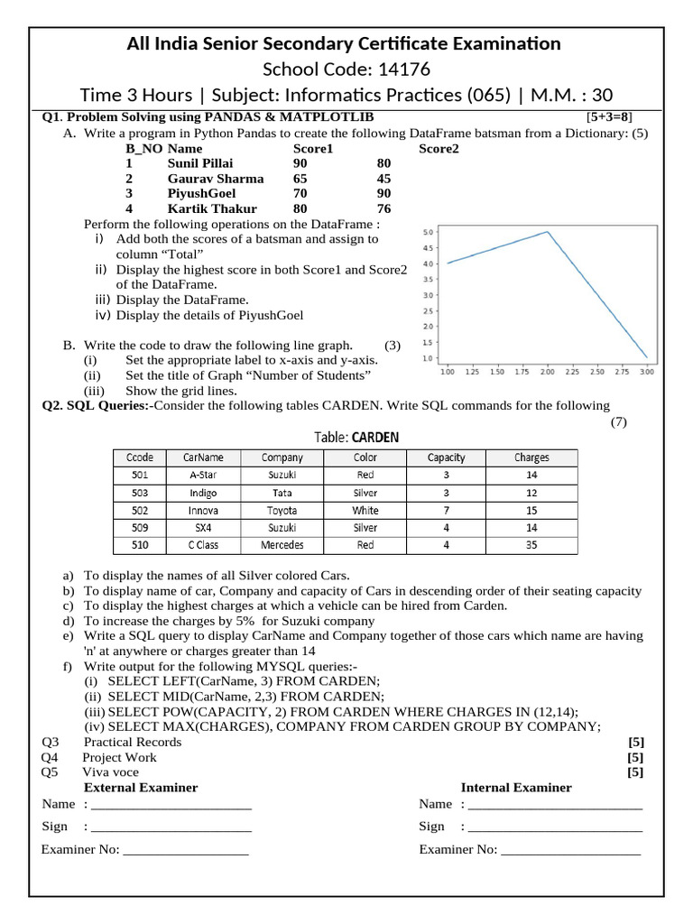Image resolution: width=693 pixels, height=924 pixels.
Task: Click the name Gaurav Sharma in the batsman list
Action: (x=216, y=179)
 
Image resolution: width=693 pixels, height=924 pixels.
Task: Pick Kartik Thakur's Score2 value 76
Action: (x=383, y=208)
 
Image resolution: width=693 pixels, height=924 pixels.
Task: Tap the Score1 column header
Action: (x=313, y=148)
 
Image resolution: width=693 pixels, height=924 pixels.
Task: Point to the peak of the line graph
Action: (x=547, y=232)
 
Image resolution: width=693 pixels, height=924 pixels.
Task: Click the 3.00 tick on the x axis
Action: (x=646, y=372)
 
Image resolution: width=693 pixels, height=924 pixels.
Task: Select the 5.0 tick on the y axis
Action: (x=430, y=233)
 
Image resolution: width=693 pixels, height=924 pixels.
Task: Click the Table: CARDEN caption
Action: (x=356, y=438)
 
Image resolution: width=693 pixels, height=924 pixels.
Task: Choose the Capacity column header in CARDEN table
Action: (x=446, y=457)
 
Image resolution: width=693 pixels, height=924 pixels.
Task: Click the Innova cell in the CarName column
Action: (x=203, y=511)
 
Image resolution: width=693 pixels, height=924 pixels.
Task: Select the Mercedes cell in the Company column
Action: (x=282, y=545)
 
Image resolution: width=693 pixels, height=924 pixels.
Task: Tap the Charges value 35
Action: (x=531, y=545)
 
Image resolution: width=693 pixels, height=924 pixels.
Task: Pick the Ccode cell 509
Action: (x=140, y=528)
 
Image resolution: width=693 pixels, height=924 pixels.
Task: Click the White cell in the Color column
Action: (x=365, y=511)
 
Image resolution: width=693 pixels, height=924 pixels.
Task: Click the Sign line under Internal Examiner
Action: (x=555, y=827)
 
